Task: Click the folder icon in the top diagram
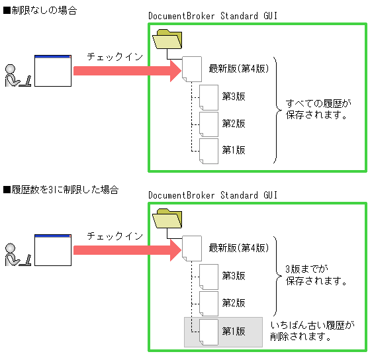point(167,40)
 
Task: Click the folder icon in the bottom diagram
point(167,219)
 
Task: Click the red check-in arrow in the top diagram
point(126,70)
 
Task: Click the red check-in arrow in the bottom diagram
point(126,249)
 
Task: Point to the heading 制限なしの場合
point(40,11)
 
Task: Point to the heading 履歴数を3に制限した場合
point(61,190)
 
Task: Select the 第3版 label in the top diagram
point(234,97)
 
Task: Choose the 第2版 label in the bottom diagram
point(234,302)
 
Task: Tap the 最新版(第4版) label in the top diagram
point(238,69)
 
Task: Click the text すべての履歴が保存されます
point(316,109)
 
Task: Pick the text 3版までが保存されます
point(316,275)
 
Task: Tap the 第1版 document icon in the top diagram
point(208,150)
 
